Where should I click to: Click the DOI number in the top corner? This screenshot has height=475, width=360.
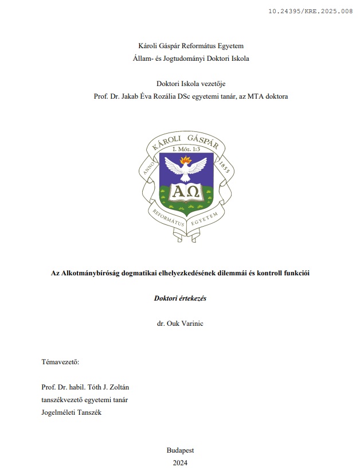310,11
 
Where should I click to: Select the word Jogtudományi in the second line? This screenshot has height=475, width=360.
181,58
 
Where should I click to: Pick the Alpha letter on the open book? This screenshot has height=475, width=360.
179,190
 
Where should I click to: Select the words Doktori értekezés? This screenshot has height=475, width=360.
180,298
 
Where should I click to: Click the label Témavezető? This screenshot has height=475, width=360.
61,362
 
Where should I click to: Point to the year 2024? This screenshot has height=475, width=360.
180,462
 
